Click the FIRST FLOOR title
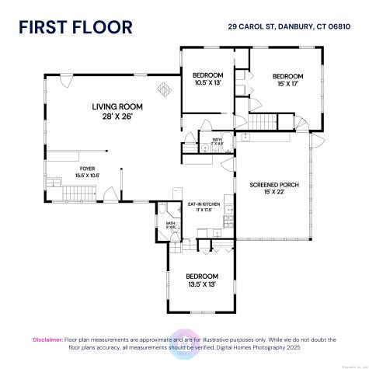(76, 29)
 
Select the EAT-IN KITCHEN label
(204, 204)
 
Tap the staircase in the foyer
(54, 183)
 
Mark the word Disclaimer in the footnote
(47, 339)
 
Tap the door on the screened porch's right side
(318, 141)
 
